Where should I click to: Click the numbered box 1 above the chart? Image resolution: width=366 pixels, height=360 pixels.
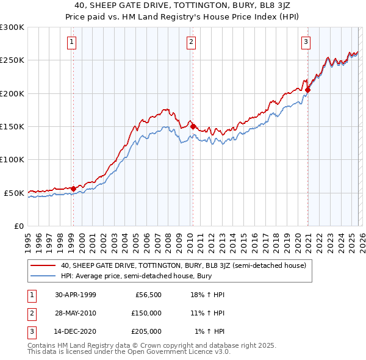pos(72,42)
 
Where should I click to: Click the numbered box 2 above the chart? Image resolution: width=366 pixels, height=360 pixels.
pos(191,42)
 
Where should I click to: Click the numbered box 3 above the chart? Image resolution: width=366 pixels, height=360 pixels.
pos(305,42)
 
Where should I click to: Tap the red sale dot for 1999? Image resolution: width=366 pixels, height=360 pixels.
pos(73,189)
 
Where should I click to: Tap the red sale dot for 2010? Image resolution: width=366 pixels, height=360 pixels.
pos(193,126)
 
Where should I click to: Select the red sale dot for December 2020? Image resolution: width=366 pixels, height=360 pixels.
pos(307,90)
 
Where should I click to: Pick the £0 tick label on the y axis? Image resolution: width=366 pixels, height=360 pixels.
pos(18,226)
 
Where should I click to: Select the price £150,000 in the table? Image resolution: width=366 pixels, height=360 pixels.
pos(146,313)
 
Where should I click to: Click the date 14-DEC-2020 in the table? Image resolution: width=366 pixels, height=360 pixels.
pos(74,331)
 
